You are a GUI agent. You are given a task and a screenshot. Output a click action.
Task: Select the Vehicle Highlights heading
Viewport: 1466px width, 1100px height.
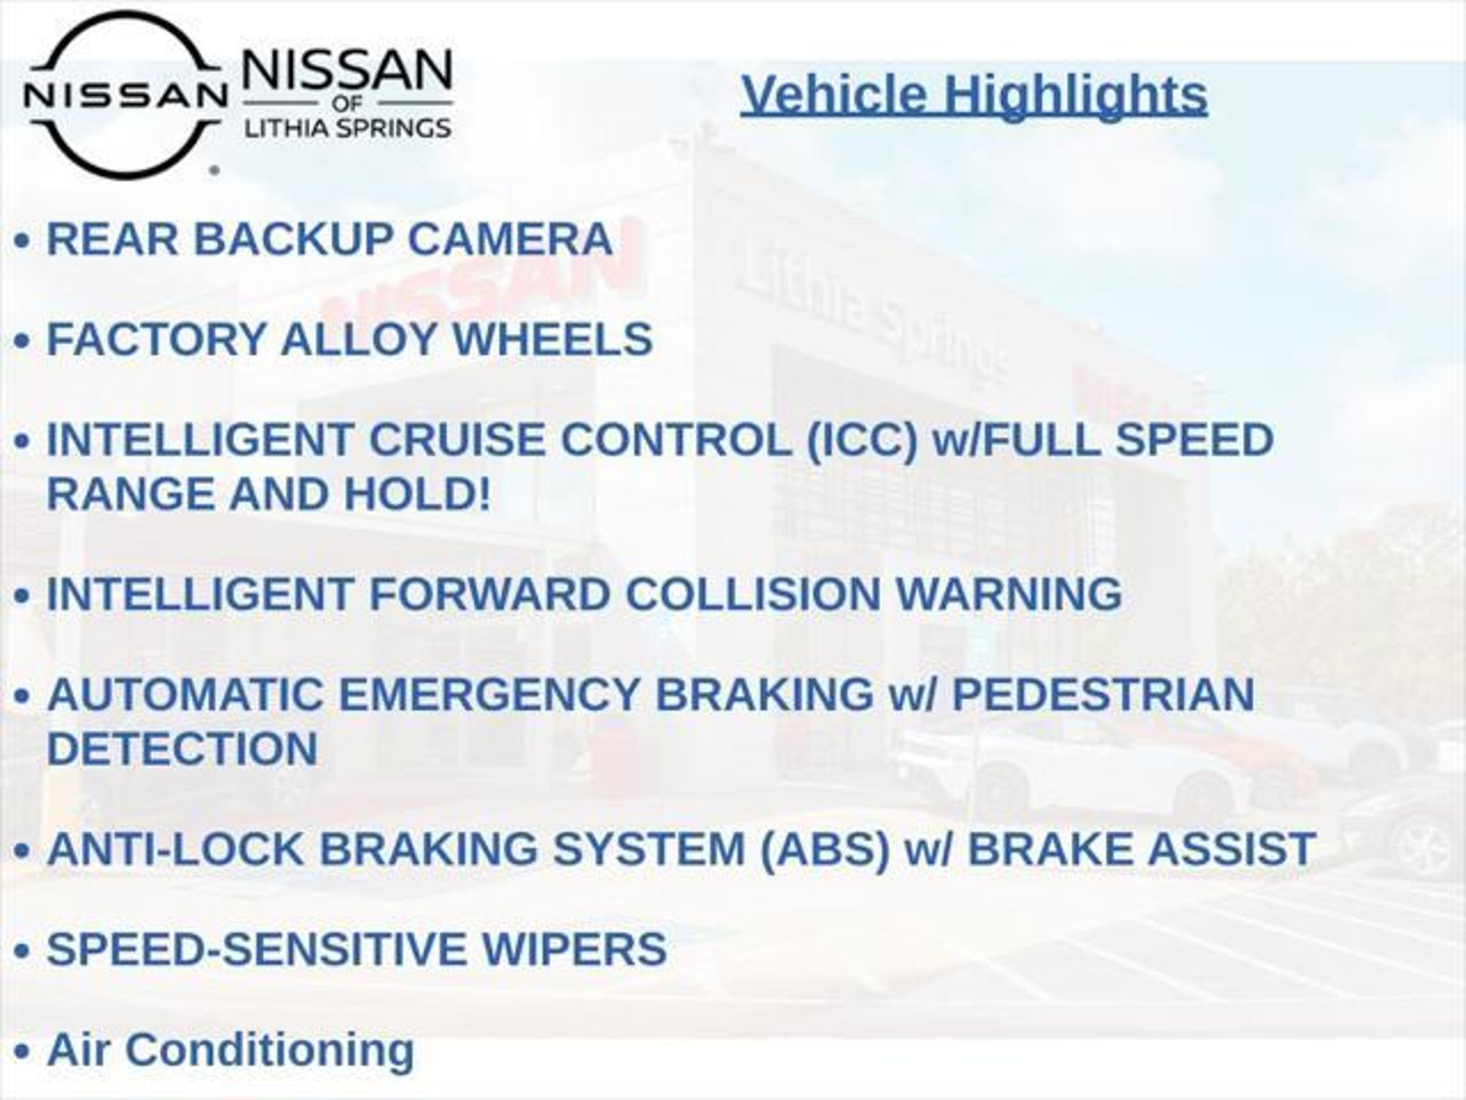[x=974, y=94]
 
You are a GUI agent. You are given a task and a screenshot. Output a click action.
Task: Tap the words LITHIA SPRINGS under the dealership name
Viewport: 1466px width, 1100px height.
[x=348, y=128]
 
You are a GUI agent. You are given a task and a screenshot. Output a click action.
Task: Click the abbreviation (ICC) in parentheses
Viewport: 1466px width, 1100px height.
[x=862, y=440]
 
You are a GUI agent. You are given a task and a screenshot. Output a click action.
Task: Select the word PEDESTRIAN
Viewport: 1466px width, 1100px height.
[x=1103, y=694]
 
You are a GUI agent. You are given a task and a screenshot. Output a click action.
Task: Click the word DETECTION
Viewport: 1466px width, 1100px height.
[x=183, y=748]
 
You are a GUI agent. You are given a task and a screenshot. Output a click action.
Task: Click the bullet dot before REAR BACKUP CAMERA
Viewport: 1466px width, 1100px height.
[x=22, y=242]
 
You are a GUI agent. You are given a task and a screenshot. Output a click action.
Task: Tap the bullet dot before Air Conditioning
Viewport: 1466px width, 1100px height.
[x=22, y=1053]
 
